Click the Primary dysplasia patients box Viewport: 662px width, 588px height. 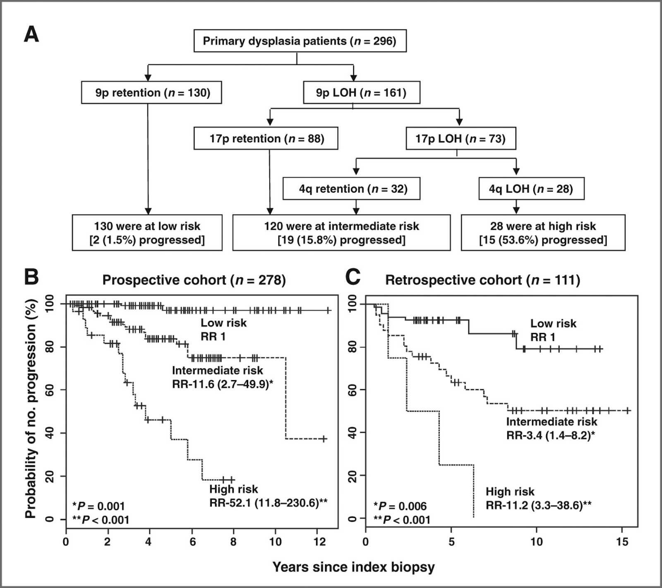pos(300,41)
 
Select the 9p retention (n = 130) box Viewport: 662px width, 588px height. pos(151,92)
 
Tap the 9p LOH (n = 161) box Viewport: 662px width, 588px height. pos(361,92)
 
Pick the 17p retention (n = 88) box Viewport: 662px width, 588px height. pos(266,138)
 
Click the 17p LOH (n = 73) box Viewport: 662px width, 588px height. pos(460,138)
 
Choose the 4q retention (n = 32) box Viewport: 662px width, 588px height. pos(351,189)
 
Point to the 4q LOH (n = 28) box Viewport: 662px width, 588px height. pos(531,189)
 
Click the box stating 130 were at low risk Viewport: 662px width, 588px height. pos(147,233)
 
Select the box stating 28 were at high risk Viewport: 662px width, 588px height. pos(543,233)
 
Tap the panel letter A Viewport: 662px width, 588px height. pos(31,34)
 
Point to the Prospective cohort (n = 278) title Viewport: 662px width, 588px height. pos(194,280)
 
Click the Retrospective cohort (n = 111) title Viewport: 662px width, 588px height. pos(482,280)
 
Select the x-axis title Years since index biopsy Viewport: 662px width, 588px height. pos(353,567)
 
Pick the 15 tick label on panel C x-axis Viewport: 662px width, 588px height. pos(622,542)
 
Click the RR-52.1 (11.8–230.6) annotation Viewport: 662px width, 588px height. pos(268,503)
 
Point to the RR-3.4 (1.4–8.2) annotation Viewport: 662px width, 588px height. pos(550,435)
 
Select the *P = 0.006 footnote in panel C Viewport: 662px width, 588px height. pos(400,506)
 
